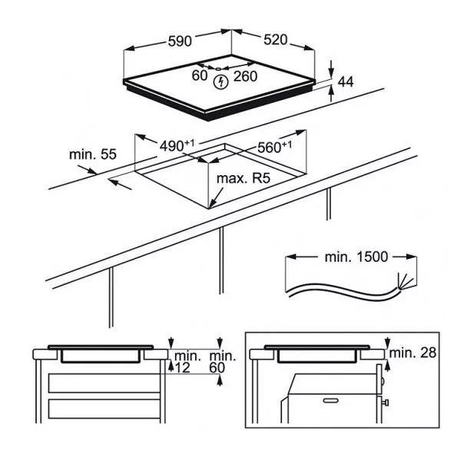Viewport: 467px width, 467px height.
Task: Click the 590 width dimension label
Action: [x=180, y=41]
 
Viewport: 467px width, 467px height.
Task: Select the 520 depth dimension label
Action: [x=276, y=40]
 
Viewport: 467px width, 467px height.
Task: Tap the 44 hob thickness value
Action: [x=346, y=81]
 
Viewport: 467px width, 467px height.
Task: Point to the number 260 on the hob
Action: [x=245, y=76]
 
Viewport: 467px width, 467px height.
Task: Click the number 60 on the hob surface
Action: [x=199, y=75]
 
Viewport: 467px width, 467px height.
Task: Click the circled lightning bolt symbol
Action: [x=220, y=82]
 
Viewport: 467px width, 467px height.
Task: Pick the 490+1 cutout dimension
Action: [x=177, y=145]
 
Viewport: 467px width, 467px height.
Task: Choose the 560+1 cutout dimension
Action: [x=274, y=147]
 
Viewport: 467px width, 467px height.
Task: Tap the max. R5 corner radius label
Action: [x=243, y=178]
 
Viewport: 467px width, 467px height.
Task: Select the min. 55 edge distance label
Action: [x=93, y=154]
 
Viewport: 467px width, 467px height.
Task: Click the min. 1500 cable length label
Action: [x=356, y=257]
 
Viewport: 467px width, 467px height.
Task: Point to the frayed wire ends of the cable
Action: [x=405, y=281]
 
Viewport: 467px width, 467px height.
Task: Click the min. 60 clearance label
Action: [x=223, y=362]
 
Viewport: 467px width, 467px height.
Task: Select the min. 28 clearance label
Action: [x=412, y=353]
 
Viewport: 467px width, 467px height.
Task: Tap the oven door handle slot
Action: [x=331, y=401]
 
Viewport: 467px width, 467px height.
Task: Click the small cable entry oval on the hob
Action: [x=219, y=69]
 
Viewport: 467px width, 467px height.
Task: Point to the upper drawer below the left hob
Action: [x=104, y=383]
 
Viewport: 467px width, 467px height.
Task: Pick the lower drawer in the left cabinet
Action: [x=104, y=409]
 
